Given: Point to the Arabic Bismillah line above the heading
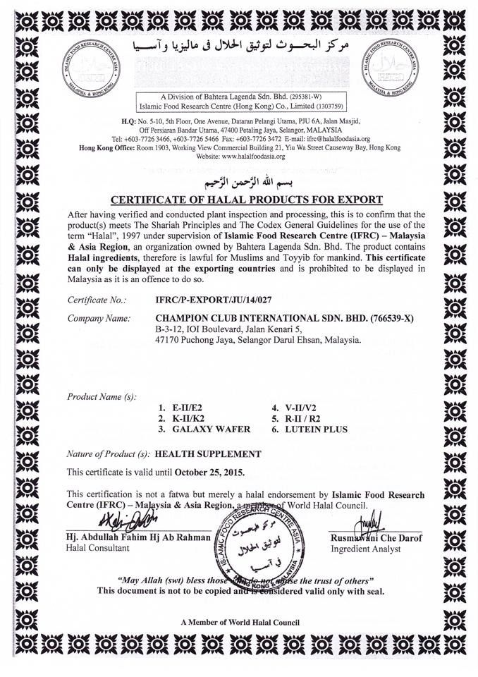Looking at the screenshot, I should [x=240, y=182].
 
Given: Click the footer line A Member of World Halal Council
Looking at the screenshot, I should [x=240, y=622].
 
